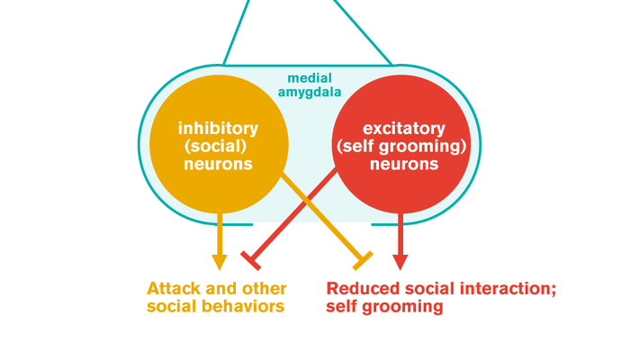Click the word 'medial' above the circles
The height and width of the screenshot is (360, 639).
308,80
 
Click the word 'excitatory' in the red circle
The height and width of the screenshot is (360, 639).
400,128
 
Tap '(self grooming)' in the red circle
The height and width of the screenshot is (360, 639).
400,146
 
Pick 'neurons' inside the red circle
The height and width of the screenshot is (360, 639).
400,164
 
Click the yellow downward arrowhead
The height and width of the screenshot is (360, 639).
219,261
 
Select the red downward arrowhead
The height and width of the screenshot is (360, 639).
400,261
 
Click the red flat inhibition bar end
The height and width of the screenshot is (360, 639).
252,260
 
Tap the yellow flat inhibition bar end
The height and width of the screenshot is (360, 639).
363,260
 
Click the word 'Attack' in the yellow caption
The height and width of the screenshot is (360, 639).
173,289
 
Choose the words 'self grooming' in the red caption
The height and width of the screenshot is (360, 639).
385,307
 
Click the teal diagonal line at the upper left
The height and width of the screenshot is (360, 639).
236,32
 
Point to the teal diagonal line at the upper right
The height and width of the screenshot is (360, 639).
364,32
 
